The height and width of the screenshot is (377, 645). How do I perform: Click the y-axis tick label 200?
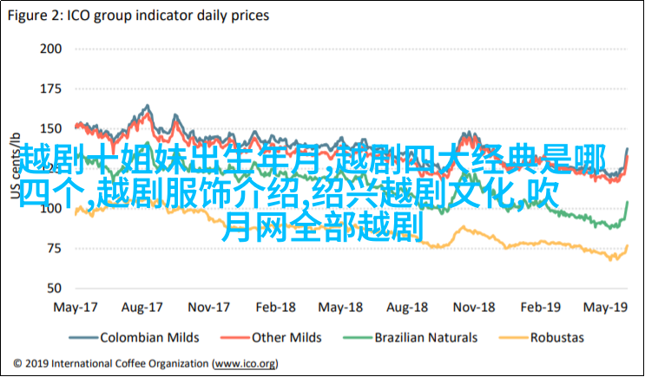coord(49,48)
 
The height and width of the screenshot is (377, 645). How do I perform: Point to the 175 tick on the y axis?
coord(49,88)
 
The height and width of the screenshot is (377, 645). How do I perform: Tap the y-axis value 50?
coord(54,288)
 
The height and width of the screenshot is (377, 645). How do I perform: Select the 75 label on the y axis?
coord(54,248)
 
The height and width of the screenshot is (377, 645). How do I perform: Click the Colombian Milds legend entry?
coord(148,337)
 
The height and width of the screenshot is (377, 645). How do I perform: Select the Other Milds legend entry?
coord(286,337)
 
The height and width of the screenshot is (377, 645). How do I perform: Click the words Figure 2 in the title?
coord(36,15)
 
